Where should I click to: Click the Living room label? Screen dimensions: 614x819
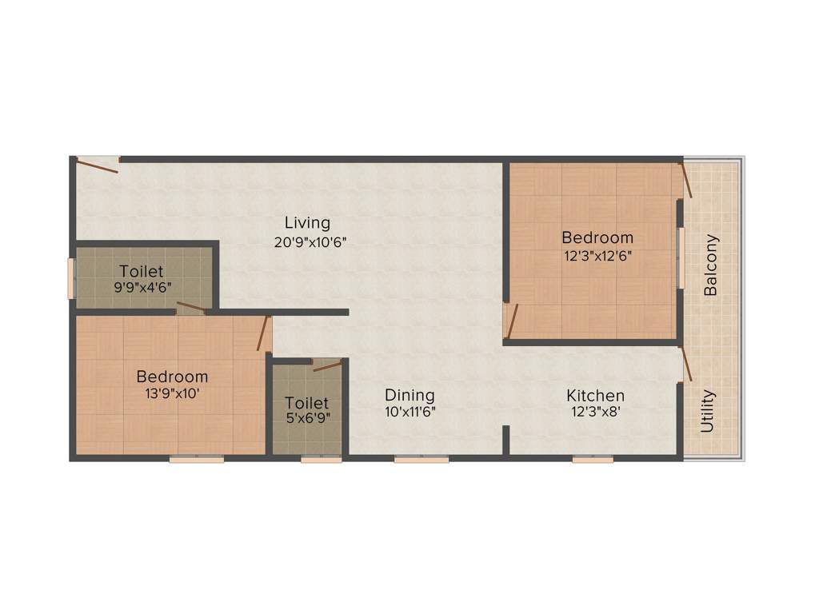(308, 222)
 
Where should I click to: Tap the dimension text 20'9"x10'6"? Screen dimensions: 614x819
(310, 241)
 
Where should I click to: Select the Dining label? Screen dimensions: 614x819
(409, 395)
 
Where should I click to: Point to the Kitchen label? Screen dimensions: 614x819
(595, 396)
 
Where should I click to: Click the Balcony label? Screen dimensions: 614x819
(710, 265)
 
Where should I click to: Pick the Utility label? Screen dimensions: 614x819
(708, 411)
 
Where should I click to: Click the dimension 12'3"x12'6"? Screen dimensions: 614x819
(597, 257)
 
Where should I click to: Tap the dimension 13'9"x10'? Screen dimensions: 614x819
(172, 395)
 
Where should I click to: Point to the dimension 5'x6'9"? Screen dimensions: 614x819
(306, 417)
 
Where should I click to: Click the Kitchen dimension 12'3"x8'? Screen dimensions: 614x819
(595, 414)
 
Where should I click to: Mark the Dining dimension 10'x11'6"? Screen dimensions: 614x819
(409, 413)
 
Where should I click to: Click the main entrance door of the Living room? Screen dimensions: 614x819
(98, 165)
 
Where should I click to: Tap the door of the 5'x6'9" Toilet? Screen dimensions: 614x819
(327, 366)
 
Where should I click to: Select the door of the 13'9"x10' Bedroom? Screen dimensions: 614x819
(262, 333)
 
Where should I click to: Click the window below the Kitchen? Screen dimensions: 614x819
(593, 459)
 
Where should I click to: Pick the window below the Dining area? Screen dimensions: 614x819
(421, 459)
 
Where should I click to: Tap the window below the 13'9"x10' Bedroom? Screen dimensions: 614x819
(196, 459)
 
